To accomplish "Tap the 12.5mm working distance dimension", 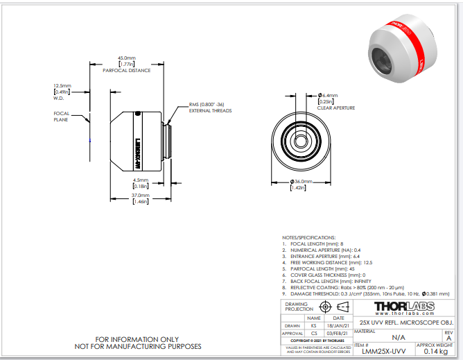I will [63, 86].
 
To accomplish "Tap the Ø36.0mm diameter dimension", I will [301, 182].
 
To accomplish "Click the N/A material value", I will [398, 336].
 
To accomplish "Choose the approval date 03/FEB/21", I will [338, 333].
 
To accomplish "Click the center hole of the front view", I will [300, 138].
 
